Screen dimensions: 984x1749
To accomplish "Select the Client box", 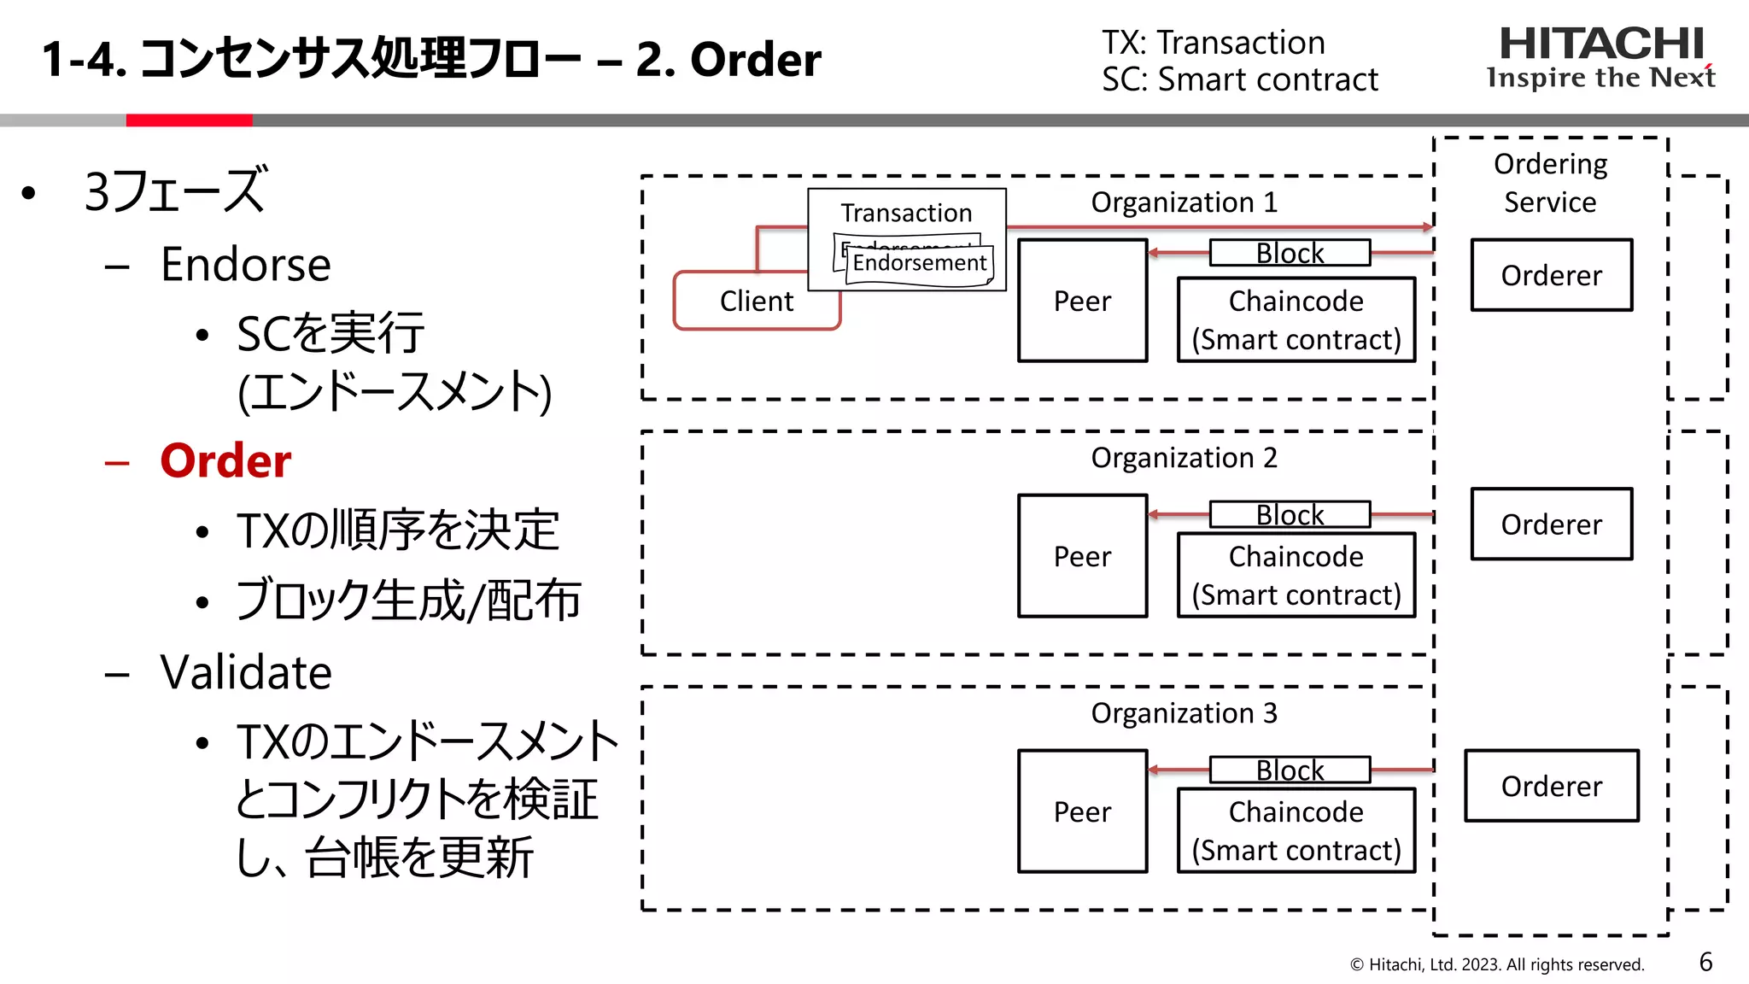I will pyautogui.click(x=757, y=302).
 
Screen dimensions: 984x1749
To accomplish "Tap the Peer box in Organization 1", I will pyautogui.click(x=1082, y=301).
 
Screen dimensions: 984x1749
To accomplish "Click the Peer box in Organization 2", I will pyautogui.click(x=1082, y=556).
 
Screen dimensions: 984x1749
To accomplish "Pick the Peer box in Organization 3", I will pyautogui.click(x=1082, y=811).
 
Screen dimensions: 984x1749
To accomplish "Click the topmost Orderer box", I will pyautogui.click(x=1551, y=275).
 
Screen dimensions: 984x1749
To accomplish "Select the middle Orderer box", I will pyautogui.click(x=1551, y=524).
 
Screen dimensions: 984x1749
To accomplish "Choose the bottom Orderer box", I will pyautogui.click(x=1551, y=786).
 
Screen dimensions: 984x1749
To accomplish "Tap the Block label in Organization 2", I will pyautogui.click(x=1290, y=514).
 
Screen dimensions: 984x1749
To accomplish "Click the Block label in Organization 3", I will pyautogui.click(x=1290, y=770).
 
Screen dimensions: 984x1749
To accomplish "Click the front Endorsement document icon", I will pyautogui.click(x=919, y=264).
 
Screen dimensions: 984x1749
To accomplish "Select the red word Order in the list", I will pyautogui.click(x=225, y=461).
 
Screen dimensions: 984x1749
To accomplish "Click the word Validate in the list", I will pyautogui.click(x=246, y=672).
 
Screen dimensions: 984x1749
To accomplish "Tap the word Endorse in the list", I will pyautogui.click(x=246, y=265).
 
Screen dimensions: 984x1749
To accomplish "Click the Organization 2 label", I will pyautogui.click(x=1184, y=458).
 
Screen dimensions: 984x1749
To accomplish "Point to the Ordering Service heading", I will pyautogui.click(x=1550, y=183).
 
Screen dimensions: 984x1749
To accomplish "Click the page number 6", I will pyautogui.click(x=1705, y=962).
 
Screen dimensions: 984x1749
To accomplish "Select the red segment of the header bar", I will pyautogui.click(x=189, y=120).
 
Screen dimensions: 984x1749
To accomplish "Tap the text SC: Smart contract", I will pyautogui.click(x=1239, y=79).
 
